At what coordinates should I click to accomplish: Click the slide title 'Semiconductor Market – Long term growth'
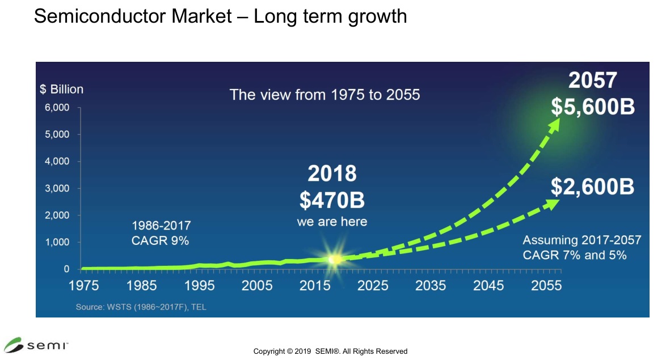[x=220, y=16]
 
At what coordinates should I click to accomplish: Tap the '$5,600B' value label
[x=592, y=107]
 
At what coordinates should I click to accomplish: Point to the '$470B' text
[x=332, y=199]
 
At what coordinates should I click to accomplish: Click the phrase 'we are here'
[x=332, y=221]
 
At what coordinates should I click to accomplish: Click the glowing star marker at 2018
[x=335, y=259]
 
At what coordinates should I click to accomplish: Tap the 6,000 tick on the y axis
[x=57, y=108]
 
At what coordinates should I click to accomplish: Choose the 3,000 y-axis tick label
[x=57, y=188]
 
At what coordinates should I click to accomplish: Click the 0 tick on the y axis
[x=66, y=269]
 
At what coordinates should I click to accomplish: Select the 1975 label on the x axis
[x=84, y=285]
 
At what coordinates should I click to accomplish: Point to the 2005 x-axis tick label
[x=257, y=285]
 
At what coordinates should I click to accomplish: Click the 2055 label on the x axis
[x=546, y=285]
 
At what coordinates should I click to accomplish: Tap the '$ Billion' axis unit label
[x=61, y=89]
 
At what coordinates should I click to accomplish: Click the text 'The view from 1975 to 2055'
[x=325, y=94]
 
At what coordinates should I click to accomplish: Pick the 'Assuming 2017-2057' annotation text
[x=581, y=240]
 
